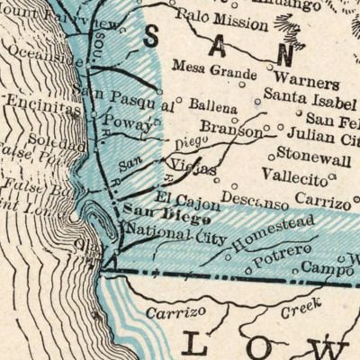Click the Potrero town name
[x=282, y=254]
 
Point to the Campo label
[x=327, y=268]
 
